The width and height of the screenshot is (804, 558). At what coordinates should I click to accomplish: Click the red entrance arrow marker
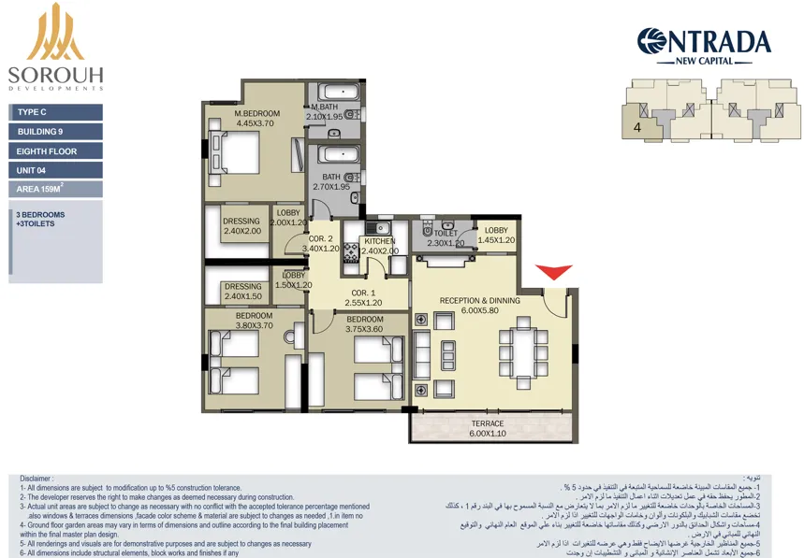[x=554, y=272]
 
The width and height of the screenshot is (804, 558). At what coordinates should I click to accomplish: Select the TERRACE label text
[x=487, y=423]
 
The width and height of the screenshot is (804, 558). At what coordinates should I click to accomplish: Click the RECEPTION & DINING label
[x=479, y=300]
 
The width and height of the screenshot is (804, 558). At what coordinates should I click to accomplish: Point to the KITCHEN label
[x=380, y=240]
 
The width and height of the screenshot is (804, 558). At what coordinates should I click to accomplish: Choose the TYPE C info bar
[x=55, y=112]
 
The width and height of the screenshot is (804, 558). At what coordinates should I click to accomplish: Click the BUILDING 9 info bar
[x=55, y=132]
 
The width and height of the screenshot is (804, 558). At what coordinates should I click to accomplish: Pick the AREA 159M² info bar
[x=55, y=189]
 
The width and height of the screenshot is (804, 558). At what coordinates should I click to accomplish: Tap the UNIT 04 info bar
[x=55, y=170]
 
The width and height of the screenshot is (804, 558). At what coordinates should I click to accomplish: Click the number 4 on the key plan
[x=636, y=127]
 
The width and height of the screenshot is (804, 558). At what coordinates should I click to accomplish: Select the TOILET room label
[x=446, y=234]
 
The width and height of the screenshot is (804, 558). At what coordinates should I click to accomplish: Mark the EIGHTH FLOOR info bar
[x=55, y=150]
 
